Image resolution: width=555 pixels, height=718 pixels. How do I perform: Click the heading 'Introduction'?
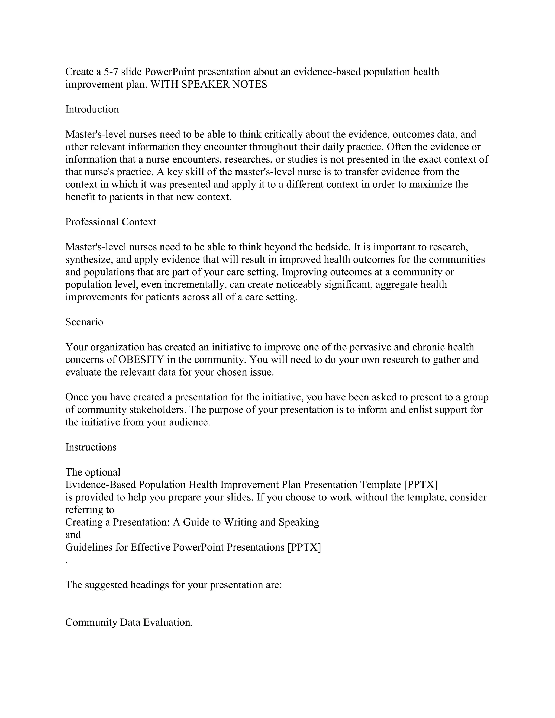pos(92,109)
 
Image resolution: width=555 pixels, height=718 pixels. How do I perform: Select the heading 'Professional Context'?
pos(111,222)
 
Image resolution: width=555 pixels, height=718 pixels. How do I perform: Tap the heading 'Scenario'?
pos(84,322)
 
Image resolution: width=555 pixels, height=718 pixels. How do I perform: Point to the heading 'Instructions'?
pos(91,447)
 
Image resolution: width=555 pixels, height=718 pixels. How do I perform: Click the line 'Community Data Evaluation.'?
pos(129,622)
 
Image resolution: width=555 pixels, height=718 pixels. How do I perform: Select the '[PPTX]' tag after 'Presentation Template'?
pos(421,485)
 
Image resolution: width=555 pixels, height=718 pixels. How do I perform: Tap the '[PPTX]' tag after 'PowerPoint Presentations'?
pos(304,547)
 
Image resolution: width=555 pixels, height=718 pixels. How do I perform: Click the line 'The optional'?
pos(93,472)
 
